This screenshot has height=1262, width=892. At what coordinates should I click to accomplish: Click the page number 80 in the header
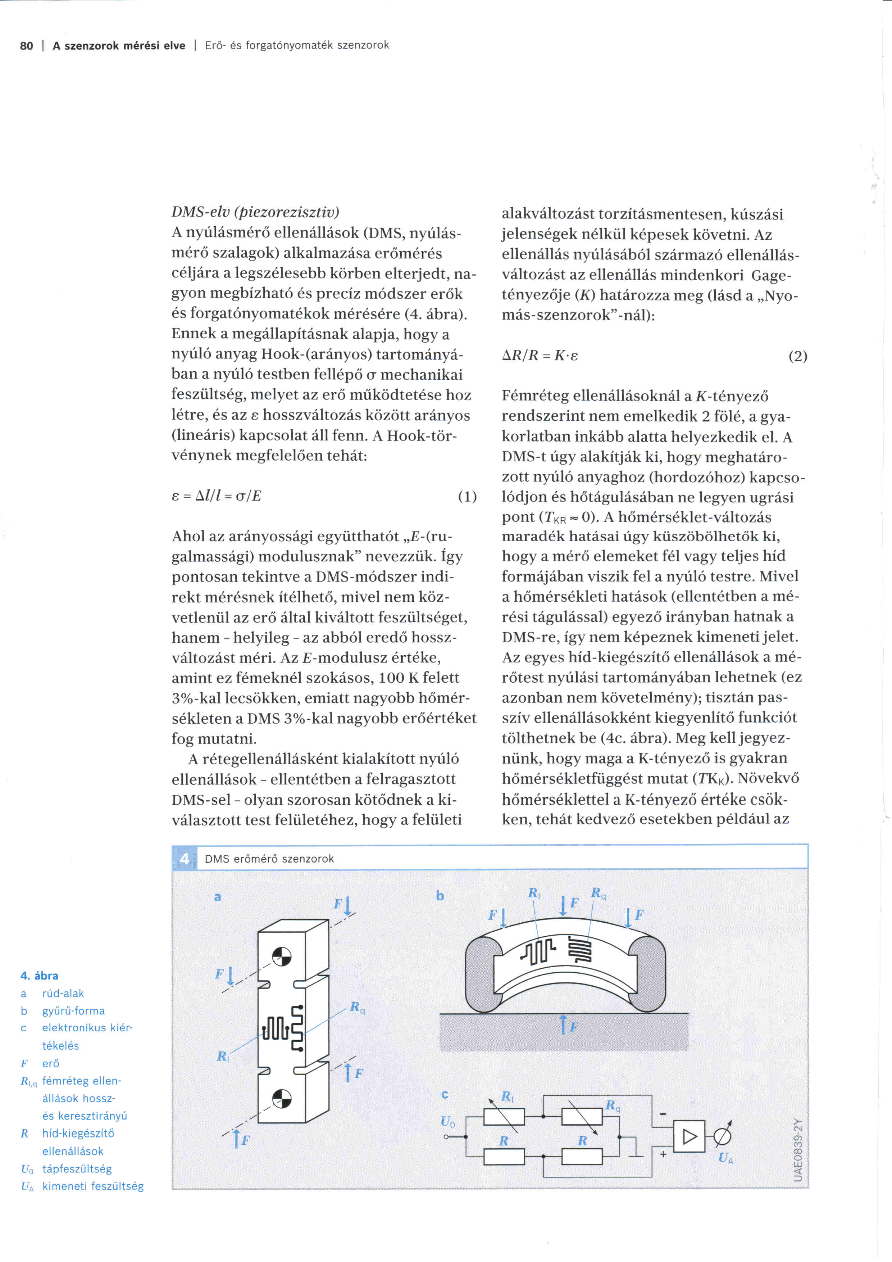point(26,46)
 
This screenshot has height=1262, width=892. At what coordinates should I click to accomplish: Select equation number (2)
point(797,356)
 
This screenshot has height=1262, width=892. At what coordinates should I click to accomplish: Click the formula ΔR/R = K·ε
point(540,356)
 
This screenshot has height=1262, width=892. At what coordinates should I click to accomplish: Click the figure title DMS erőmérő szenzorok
point(269,859)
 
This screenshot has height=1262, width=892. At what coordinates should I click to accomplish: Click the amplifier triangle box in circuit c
point(690,1136)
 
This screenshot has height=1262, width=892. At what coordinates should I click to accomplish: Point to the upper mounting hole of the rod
point(281,956)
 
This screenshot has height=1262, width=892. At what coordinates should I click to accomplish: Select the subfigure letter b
point(440,895)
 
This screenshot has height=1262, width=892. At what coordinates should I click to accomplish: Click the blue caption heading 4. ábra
point(39,976)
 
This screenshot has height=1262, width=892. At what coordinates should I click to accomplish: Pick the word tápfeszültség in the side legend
point(77,1168)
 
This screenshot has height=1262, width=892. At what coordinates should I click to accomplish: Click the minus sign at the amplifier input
point(663,1114)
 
